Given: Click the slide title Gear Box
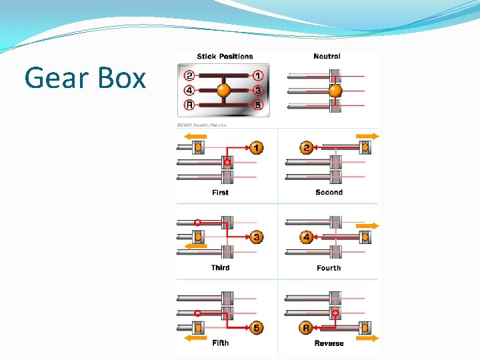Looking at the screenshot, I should click(85, 79).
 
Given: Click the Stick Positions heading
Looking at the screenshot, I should click(225, 57).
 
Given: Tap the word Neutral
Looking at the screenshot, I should click(327, 57).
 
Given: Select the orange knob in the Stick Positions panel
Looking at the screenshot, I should click(224, 90).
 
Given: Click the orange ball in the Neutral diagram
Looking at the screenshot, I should click(335, 91).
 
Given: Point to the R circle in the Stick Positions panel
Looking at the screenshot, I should click(190, 105).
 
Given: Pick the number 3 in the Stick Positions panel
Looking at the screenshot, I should click(257, 90).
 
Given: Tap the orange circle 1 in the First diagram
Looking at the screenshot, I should click(257, 147).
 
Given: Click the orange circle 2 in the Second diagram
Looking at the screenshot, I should click(307, 147).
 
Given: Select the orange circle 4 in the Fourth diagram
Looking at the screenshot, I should click(307, 237).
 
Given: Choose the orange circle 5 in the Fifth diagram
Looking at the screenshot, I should click(257, 327).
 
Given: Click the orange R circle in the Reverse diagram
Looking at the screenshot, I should click(307, 327).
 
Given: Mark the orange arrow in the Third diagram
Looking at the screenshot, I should click(196, 246).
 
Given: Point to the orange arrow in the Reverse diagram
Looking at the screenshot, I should click(366, 337).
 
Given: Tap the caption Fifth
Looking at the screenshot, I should click(220, 343).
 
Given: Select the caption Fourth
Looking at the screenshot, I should click(329, 268).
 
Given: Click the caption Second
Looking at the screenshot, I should click(329, 193).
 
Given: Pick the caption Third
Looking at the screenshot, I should click(220, 268).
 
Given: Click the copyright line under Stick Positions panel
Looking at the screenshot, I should click(202, 125).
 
